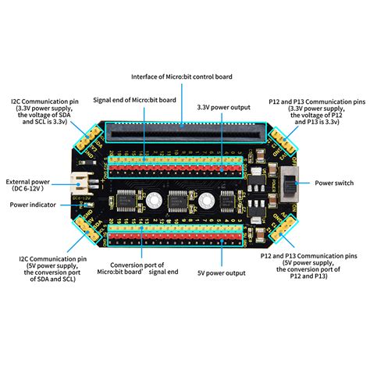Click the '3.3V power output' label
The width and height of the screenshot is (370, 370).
pyautogui.click(x=223, y=107)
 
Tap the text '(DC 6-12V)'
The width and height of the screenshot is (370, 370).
pyautogui.click(x=31, y=189)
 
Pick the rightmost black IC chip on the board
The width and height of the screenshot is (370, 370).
pyautogui.click(x=227, y=204)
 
